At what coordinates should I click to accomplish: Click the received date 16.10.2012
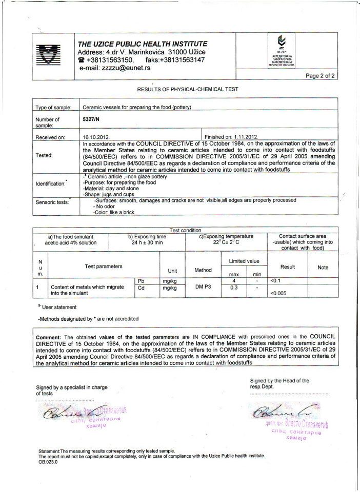96,137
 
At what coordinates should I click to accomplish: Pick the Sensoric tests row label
52,202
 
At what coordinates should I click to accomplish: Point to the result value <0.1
275,281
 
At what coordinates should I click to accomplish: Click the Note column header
323,267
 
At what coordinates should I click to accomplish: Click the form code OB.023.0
48,462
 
